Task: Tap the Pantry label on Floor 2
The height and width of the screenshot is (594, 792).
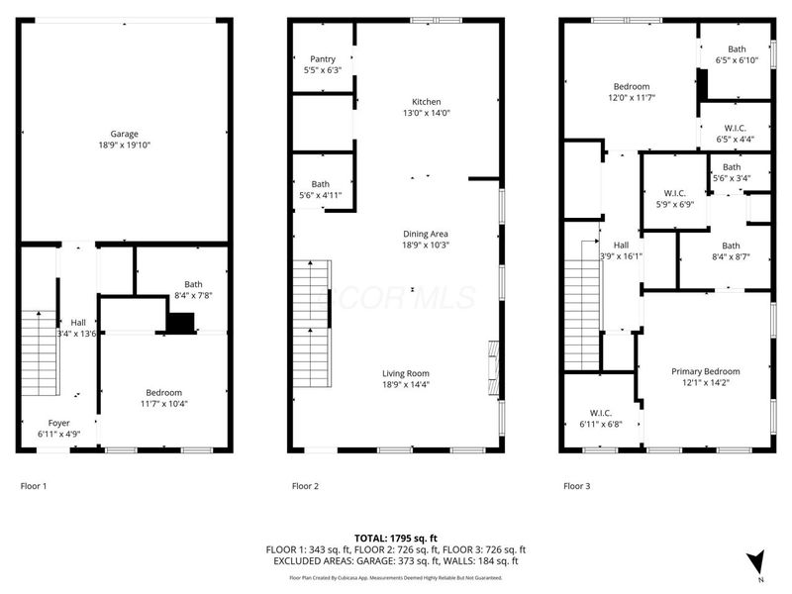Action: (x=323, y=59)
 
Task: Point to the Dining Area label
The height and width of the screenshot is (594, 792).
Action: (x=426, y=233)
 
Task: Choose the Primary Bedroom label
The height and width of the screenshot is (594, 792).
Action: (x=706, y=371)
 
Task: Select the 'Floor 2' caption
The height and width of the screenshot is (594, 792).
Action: (x=305, y=486)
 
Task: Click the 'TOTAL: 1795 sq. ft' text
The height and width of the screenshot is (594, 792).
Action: (x=395, y=538)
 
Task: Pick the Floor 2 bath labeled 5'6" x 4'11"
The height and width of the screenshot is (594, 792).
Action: (x=321, y=184)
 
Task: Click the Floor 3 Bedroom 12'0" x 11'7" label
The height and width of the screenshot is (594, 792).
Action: (x=630, y=87)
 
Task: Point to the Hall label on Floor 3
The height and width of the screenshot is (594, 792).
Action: (x=621, y=245)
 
